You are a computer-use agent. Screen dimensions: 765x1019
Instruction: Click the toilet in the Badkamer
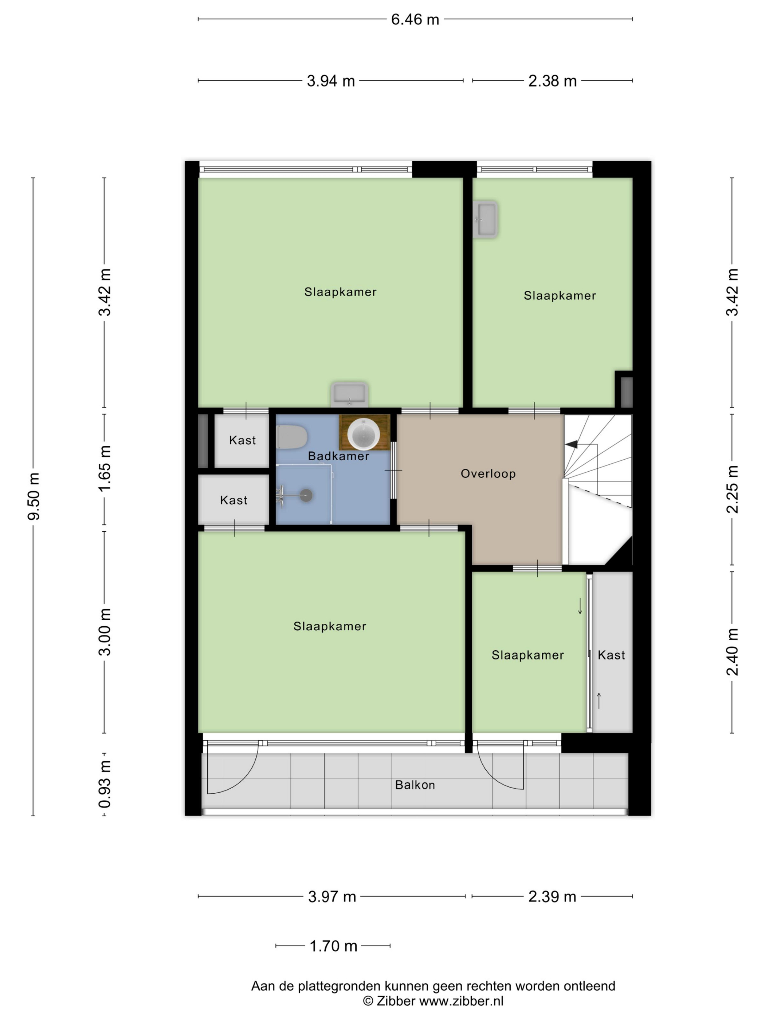coord(292,437)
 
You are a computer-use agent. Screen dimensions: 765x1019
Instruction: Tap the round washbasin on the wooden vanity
coord(363,433)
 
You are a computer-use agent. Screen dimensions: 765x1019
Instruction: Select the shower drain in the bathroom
coord(306,495)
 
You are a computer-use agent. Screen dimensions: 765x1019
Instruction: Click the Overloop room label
coord(488,473)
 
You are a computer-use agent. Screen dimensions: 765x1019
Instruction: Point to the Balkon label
coord(415,785)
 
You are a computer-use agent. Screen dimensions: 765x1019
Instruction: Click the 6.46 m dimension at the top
coord(415,19)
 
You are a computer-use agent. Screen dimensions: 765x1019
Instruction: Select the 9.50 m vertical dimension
coord(34,496)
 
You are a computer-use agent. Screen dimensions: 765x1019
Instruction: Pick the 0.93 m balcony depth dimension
coord(105,784)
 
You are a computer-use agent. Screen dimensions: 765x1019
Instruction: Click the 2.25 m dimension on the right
coord(732,489)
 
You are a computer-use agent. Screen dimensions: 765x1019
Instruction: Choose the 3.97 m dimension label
coord(332,896)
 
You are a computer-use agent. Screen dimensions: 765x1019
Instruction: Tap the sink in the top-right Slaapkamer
coord(485,219)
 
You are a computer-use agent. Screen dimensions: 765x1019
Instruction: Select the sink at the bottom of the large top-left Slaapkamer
coord(349,394)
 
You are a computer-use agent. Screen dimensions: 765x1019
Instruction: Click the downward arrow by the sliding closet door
coord(580,606)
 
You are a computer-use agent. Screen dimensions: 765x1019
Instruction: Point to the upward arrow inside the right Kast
coord(599,701)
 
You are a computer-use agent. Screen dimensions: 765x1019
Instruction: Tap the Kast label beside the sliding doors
coord(611,655)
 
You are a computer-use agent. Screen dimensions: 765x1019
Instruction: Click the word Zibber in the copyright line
coord(396,1001)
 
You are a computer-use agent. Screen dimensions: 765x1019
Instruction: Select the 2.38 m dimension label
coord(552,81)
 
